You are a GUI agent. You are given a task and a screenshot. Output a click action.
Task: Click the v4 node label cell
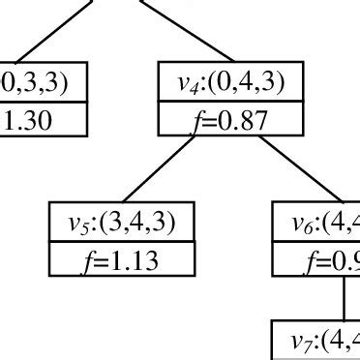(231, 85)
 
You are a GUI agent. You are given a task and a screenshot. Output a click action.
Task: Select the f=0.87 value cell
(231, 120)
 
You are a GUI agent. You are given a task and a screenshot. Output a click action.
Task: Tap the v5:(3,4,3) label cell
(123, 223)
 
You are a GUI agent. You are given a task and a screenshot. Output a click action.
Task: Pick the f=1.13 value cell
(123, 258)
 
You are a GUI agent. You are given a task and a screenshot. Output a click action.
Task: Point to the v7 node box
(315, 339)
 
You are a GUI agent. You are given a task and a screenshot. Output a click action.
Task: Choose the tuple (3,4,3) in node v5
(143, 223)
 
